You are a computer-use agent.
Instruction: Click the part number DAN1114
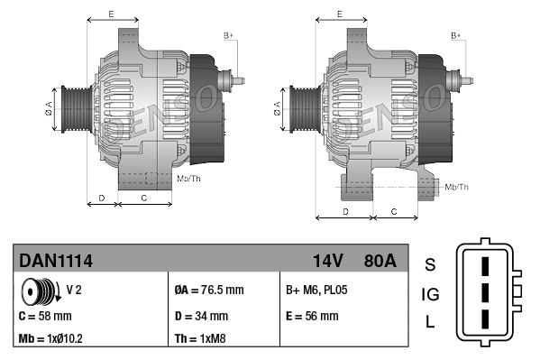coord(56,261)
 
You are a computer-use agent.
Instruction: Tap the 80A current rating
coord(378,261)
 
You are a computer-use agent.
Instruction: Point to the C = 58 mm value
coord(45,316)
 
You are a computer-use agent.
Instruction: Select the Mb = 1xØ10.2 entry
coord(52,339)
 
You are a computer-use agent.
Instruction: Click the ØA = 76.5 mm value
coord(208,291)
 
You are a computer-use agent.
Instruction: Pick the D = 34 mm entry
coord(200,316)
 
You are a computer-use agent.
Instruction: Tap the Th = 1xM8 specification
coord(200,339)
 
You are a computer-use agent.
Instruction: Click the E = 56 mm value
coord(312,316)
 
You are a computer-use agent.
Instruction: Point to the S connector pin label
coord(430,264)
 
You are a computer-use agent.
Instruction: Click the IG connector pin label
coord(430,294)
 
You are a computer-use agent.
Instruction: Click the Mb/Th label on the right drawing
coord(457,187)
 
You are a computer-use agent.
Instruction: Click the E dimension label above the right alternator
coord(339,14)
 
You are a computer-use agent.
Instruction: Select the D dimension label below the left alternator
coord(102,197)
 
